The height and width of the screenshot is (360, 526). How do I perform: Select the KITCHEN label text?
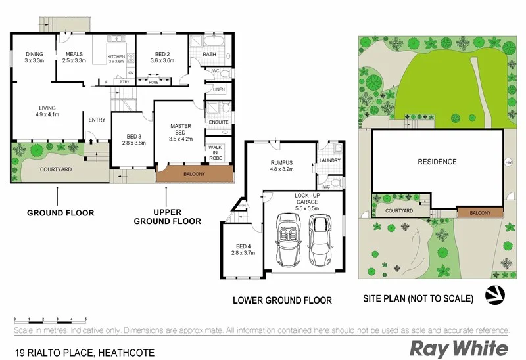coord(116,58)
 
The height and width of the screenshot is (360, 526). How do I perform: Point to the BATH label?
coord(209,55)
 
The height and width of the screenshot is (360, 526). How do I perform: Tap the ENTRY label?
coord(97,120)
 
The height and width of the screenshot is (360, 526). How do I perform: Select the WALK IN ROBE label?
coord(216,152)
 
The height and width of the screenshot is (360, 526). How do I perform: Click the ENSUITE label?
coord(218,122)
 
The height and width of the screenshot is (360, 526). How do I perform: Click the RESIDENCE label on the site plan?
coord(437,161)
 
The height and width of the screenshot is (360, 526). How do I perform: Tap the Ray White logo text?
coord(459,348)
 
